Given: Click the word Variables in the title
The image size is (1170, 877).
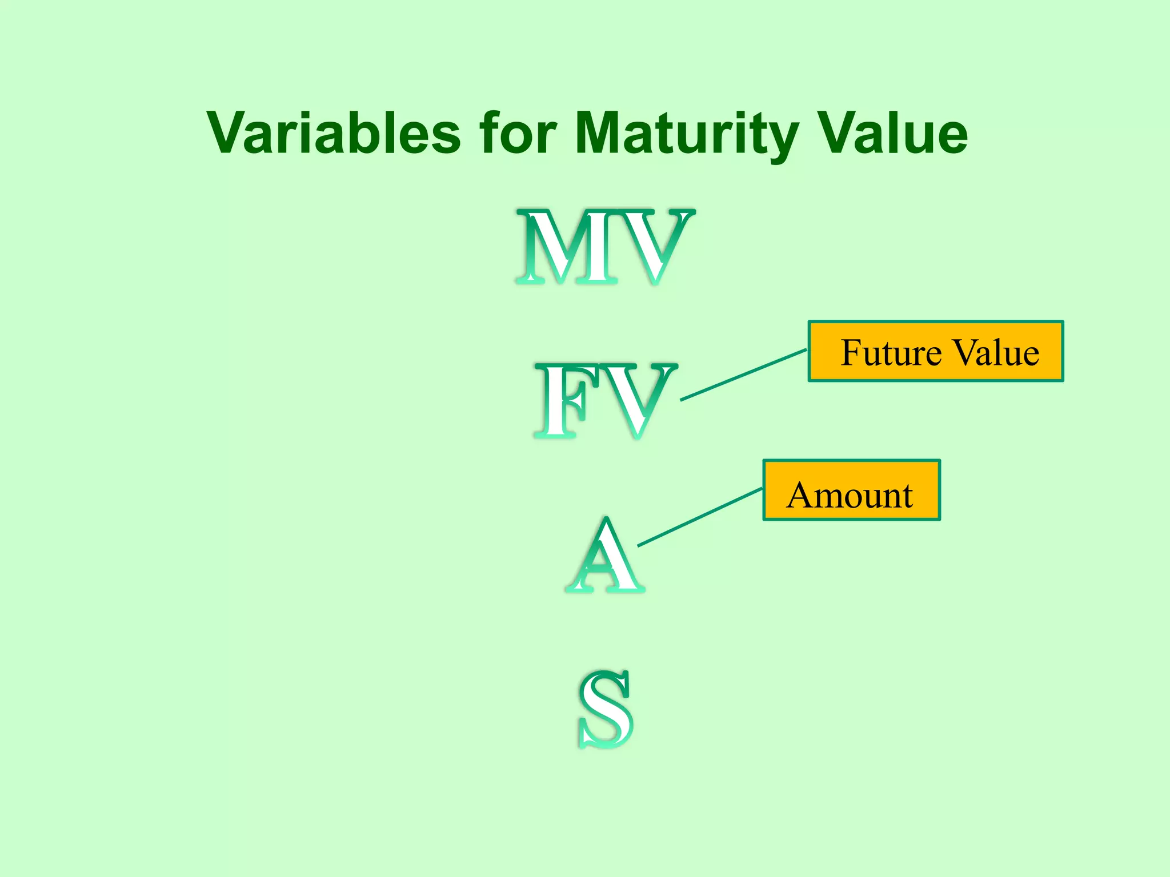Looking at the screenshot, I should [334, 133].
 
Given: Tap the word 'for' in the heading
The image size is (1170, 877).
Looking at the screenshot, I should [518, 133].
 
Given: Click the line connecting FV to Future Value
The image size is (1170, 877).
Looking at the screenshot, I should [743, 375].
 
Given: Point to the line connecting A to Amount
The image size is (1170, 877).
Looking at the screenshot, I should [700, 517].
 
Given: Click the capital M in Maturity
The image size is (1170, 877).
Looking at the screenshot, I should [600, 133].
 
